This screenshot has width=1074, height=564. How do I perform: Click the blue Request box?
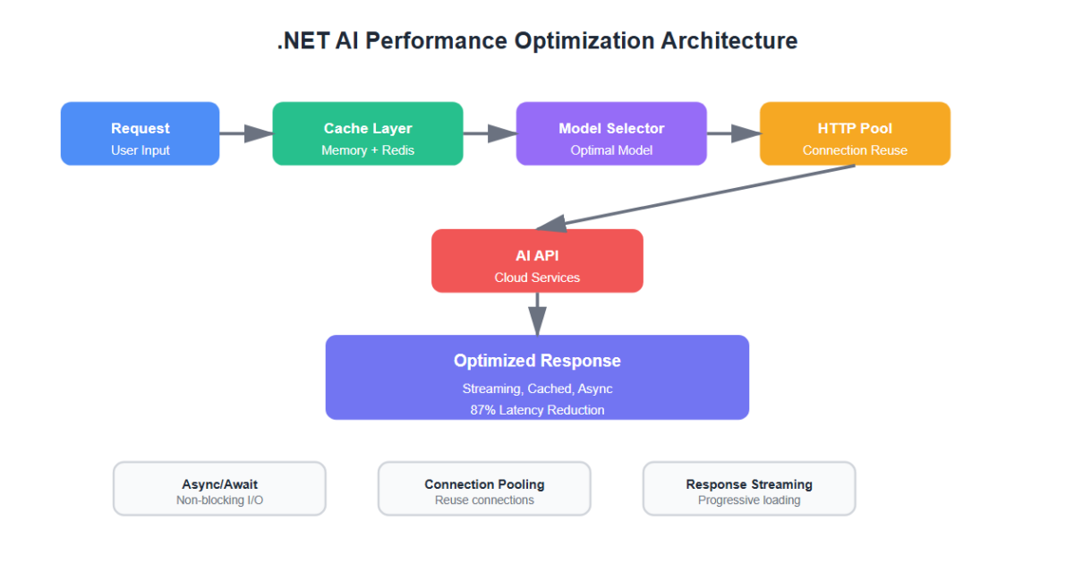tap(140, 133)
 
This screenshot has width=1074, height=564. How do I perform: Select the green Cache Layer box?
tap(367, 133)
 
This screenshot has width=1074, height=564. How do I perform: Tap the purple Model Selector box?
tap(611, 133)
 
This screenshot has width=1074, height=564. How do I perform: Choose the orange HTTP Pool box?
tap(855, 133)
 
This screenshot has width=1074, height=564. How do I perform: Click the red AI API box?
tap(537, 261)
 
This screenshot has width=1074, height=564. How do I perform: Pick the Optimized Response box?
tap(537, 377)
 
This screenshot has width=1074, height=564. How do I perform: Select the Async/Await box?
tap(219, 489)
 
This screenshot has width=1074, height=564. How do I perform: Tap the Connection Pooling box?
tap(484, 489)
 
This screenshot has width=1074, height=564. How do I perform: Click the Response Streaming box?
tap(749, 489)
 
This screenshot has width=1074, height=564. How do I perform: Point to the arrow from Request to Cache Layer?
tap(245, 133)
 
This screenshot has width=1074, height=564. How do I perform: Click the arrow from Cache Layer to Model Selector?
tap(489, 133)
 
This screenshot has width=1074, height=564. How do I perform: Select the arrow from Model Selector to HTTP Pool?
tap(733, 133)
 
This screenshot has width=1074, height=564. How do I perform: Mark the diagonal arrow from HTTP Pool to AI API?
tap(698, 196)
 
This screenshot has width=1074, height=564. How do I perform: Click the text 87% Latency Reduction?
tap(537, 410)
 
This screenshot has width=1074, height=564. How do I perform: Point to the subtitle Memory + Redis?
tap(367, 150)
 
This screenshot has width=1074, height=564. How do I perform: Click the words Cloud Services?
tap(537, 278)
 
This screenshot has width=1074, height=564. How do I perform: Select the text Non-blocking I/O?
tap(219, 500)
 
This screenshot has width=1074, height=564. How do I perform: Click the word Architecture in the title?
tap(729, 41)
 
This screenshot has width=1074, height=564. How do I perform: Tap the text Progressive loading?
tap(749, 500)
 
